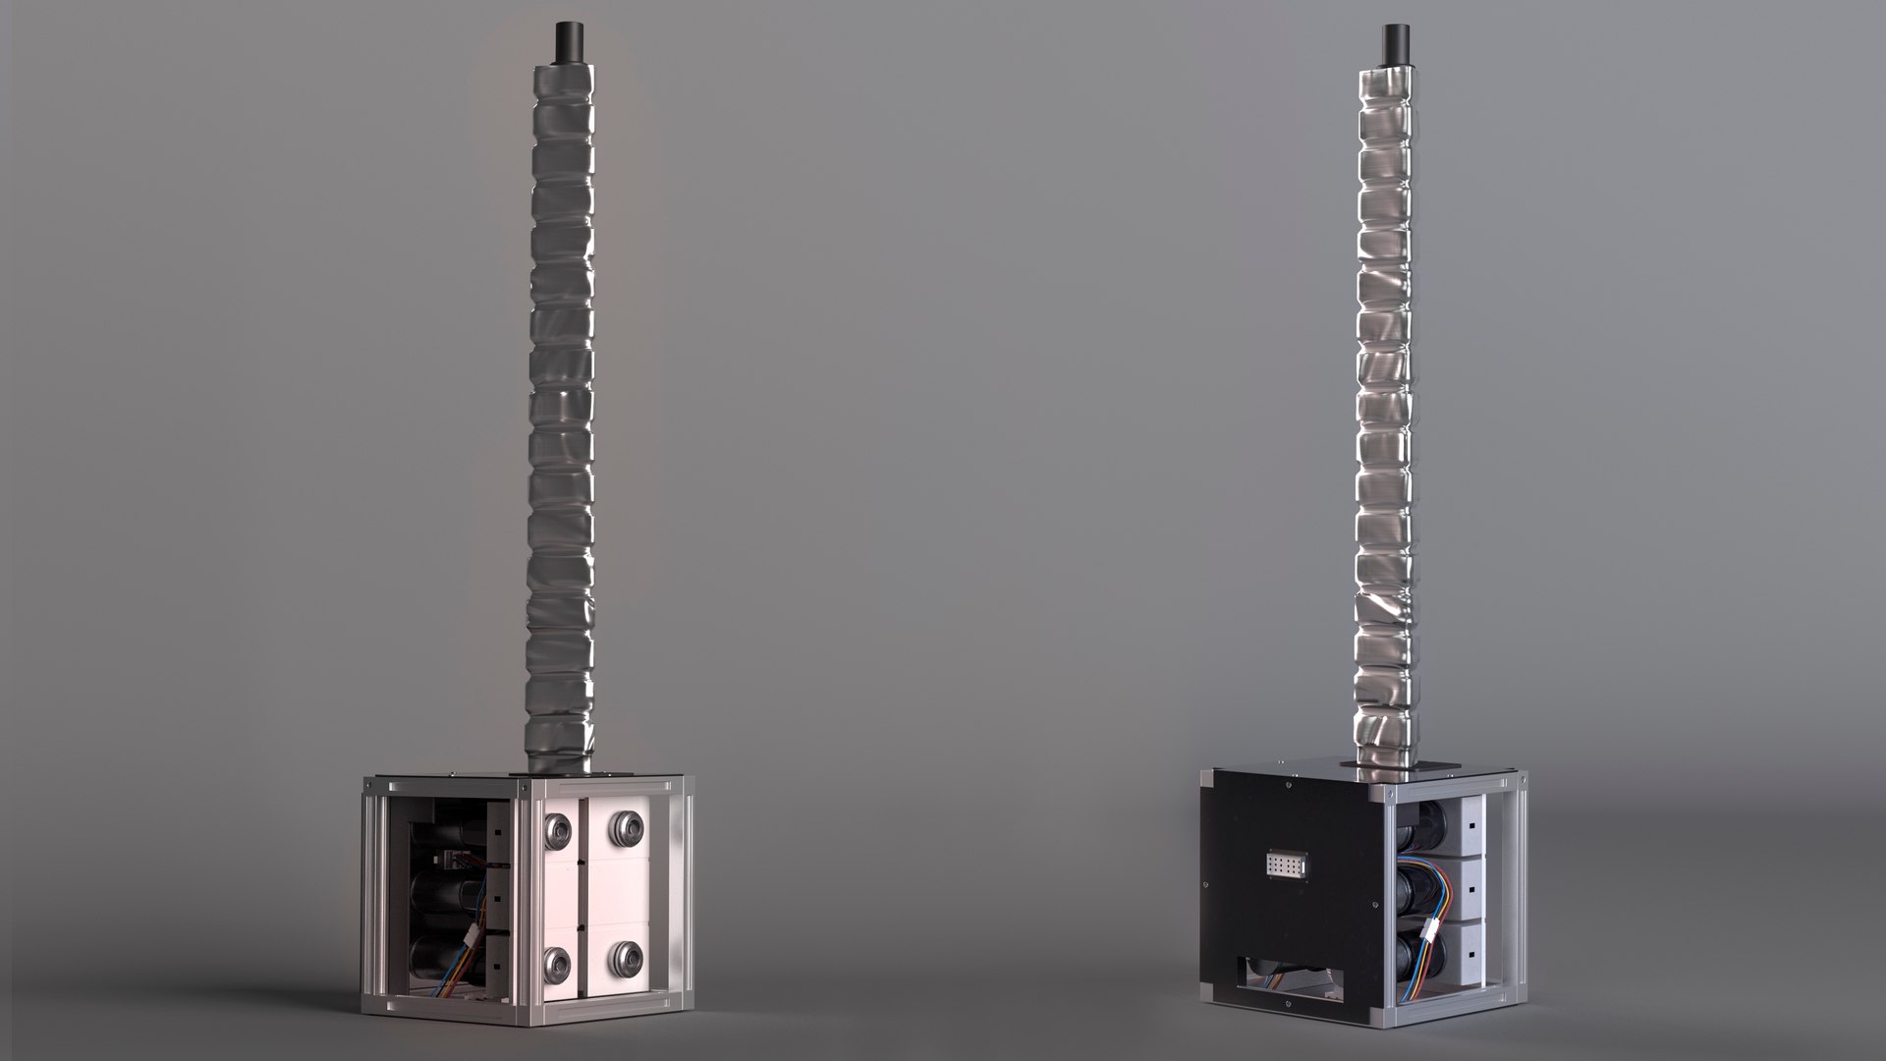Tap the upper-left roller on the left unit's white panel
[x=558, y=831]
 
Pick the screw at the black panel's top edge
[x=1288, y=785]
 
